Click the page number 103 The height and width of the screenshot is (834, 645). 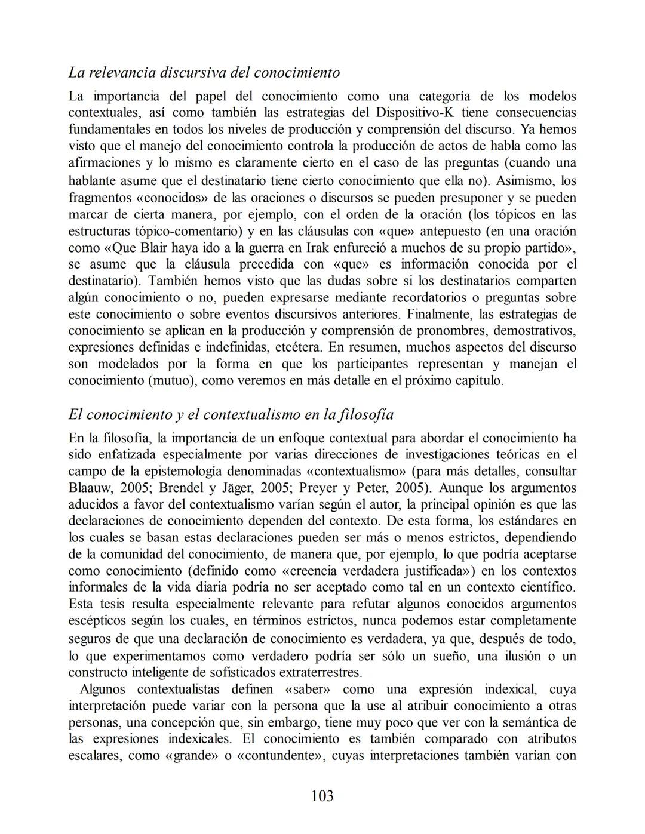pyautogui.click(x=322, y=796)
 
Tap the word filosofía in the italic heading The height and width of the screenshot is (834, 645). pyautogui.click(x=364, y=414)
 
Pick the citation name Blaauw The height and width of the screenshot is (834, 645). pyautogui.click(x=87, y=488)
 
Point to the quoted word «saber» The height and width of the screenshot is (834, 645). pyautogui.click(x=308, y=690)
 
